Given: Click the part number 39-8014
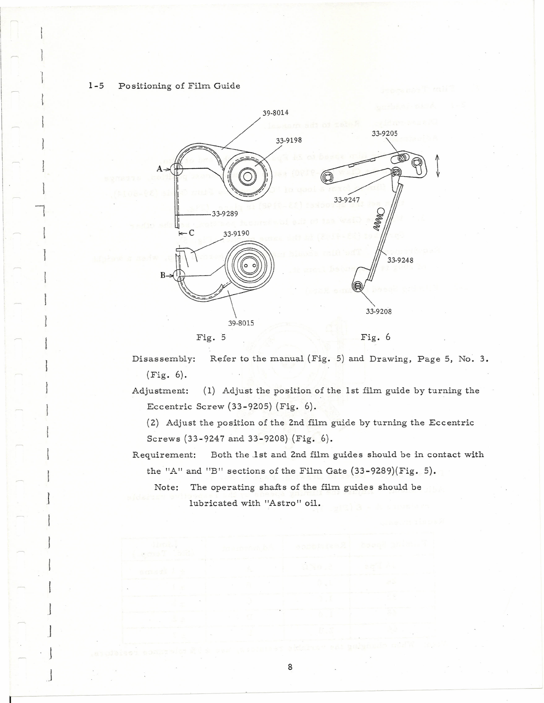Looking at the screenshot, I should pyautogui.click(x=275, y=113).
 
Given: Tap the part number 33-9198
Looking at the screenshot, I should pyautogui.click(x=289, y=141).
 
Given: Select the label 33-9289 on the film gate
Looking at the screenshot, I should pyautogui.click(x=224, y=214).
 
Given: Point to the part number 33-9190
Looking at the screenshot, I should pyautogui.click(x=236, y=234).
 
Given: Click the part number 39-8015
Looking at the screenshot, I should pyautogui.click(x=241, y=323).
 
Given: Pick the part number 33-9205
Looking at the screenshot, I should pyautogui.click(x=384, y=134).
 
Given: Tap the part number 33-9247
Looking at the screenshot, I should pyautogui.click(x=347, y=200).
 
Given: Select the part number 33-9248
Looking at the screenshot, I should pyautogui.click(x=400, y=260).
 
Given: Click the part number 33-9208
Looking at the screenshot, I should pyautogui.click(x=379, y=312).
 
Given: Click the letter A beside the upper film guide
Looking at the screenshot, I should pyautogui.click(x=160, y=169).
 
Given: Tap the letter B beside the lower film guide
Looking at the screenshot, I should pyautogui.click(x=163, y=276).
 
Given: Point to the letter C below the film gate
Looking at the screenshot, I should pyautogui.click(x=191, y=233).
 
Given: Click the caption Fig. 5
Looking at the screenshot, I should pyautogui.click(x=211, y=338).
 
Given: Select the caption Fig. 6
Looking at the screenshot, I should pyautogui.click(x=375, y=338).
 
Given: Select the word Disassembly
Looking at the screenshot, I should pyautogui.click(x=163, y=359).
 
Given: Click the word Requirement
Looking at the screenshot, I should pyautogui.click(x=164, y=455).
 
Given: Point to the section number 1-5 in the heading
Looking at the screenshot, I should pyautogui.click(x=96, y=86).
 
